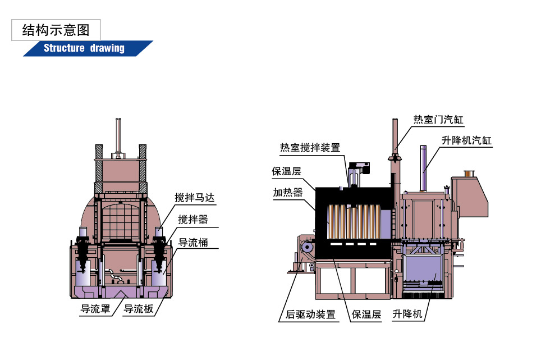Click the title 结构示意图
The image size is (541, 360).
[x=56, y=30]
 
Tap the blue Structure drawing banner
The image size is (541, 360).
[x=88, y=48]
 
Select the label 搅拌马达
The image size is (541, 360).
[x=194, y=198]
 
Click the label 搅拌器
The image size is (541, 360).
[x=192, y=220]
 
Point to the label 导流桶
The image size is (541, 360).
[x=192, y=243]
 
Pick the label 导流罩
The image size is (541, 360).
[x=95, y=308]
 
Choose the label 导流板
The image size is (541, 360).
[x=138, y=308]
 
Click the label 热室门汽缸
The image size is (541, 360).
[x=438, y=120]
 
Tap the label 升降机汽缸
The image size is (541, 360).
[x=466, y=140]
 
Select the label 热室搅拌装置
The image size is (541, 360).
[x=310, y=148]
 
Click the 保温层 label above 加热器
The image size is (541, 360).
[x=287, y=171]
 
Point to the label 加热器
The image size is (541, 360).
[x=287, y=192]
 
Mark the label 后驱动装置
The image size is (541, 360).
[x=308, y=315]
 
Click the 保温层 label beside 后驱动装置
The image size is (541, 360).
[x=366, y=315]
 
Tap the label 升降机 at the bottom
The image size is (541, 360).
[x=407, y=315]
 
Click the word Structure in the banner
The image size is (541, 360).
[x=64, y=48]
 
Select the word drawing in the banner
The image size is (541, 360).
[x=106, y=48]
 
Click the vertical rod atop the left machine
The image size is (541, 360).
[x=118, y=138]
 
